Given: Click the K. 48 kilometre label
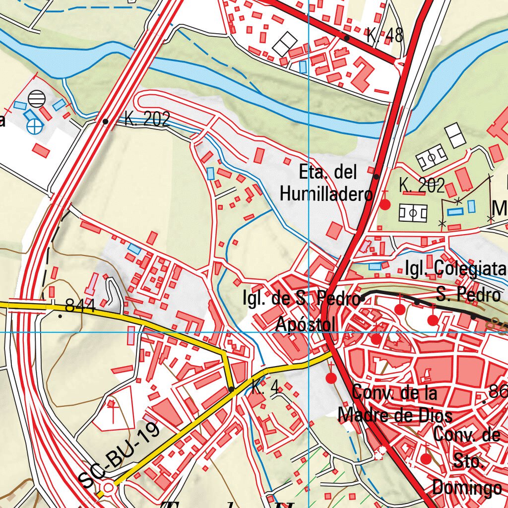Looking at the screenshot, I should [x=384, y=36].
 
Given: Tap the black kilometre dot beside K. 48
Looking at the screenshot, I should [x=347, y=38].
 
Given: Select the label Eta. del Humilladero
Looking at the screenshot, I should [x=326, y=183].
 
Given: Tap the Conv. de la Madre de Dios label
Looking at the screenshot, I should [x=395, y=404].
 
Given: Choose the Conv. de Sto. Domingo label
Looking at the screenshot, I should [x=466, y=461].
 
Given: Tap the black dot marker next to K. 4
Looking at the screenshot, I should [x=231, y=389].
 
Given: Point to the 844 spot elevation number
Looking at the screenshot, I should [x=80, y=307].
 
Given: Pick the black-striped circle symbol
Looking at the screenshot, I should [x=36, y=99].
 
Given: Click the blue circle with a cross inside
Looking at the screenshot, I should [x=35, y=127].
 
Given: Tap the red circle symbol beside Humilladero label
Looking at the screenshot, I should [x=385, y=204].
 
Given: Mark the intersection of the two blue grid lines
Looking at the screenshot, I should [x=309, y=332].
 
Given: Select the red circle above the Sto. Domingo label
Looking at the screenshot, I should [x=426, y=458].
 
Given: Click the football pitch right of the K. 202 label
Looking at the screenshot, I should [x=413, y=214].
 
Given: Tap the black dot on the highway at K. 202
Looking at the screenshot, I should [x=105, y=121].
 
